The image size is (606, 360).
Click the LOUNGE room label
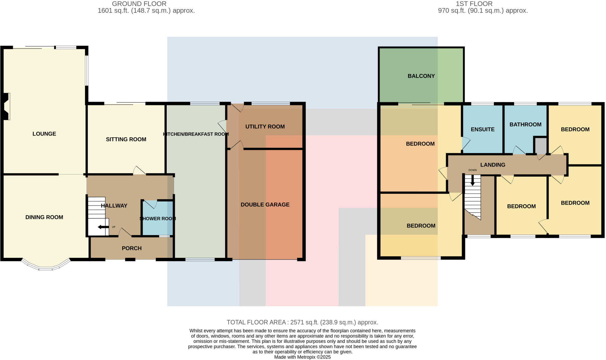[x=44, y=134]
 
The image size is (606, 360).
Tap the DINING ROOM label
[x=44, y=217]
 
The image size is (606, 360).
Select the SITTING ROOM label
[x=126, y=139]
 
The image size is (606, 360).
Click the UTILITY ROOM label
[x=265, y=127]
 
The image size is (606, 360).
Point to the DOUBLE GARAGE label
[x=265, y=204]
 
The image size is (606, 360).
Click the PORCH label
[x=132, y=248]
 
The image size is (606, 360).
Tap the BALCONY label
[x=421, y=76]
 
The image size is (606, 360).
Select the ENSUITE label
[x=483, y=129]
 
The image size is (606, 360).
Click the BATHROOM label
[x=525, y=125]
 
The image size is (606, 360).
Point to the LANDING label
[x=493, y=165]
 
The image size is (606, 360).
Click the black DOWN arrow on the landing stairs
[x=473, y=180]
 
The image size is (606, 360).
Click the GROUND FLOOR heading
[x=139, y=4]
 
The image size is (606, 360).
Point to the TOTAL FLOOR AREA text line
[x=302, y=322]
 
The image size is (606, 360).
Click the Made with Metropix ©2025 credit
[x=302, y=357]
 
